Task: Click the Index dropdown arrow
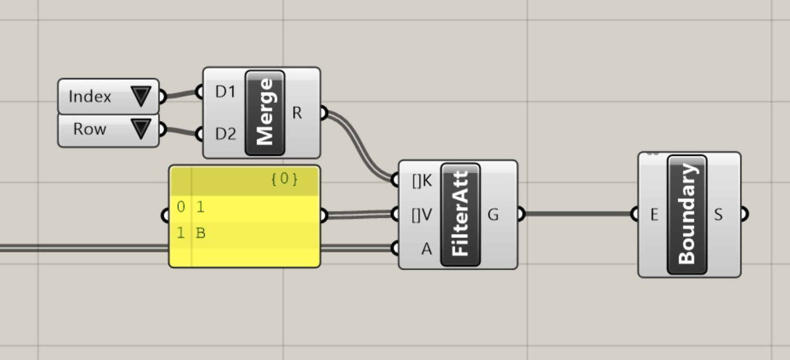(141, 96)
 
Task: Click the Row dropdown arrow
(141, 129)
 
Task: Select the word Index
(90, 96)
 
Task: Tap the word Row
(90, 129)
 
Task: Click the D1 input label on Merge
(225, 92)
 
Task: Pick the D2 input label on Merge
(225, 133)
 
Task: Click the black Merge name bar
(265, 113)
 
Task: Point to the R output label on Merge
(297, 113)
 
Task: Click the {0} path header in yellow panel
(284, 179)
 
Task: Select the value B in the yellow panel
(200, 233)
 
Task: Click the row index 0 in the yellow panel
(181, 207)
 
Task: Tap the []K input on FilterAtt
(422, 180)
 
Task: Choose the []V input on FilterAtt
(422, 215)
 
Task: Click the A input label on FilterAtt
(426, 249)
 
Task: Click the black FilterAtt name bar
(460, 214)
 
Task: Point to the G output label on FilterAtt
(493, 214)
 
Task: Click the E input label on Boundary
(654, 214)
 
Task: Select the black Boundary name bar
(687, 214)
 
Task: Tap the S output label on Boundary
(718, 214)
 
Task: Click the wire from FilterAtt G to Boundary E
(577, 214)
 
